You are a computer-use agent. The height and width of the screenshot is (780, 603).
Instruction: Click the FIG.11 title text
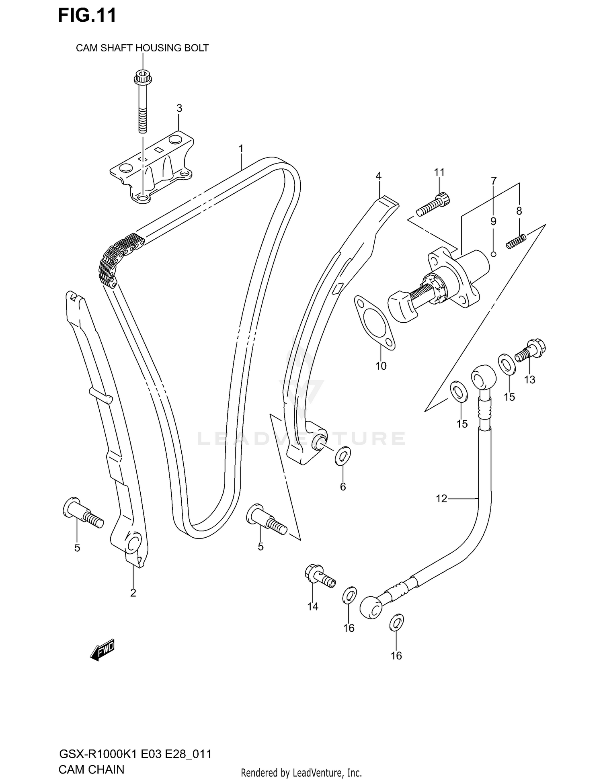(87, 15)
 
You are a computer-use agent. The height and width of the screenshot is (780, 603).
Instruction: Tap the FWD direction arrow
(103, 649)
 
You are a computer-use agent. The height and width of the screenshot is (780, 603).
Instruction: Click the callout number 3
(179, 108)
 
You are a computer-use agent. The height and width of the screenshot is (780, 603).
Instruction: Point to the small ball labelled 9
(494, 254)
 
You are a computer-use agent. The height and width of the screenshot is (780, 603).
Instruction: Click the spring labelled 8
(516, 242)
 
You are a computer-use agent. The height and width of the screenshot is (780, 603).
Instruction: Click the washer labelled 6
(343, 456)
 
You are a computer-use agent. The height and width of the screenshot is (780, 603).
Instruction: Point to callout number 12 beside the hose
(441, 499)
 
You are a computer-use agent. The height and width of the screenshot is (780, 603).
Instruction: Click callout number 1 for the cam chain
(241, 149)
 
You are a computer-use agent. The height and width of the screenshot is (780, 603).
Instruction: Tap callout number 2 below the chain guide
(133, 593)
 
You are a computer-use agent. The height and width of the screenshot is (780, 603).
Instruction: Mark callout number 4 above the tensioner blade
(378, 176)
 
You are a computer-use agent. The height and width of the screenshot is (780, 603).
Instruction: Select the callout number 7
(494, 181)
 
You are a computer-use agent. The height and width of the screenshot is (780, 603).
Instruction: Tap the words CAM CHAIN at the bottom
(91, 770)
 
